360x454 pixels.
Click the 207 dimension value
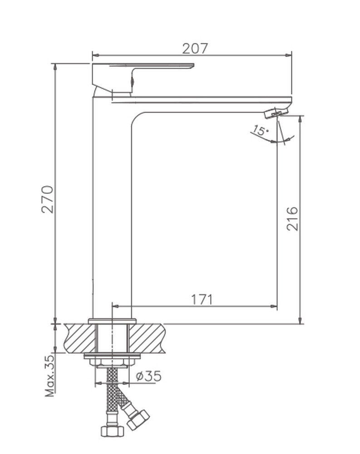(195, 49)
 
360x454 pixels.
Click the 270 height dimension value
(48, 199)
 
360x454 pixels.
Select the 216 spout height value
(292, 219)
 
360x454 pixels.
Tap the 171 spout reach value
(202, 300)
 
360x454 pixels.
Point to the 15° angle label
(260, 130)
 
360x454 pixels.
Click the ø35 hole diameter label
(148, 376)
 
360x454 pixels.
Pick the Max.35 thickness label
(49, 375)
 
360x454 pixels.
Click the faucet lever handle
(143, 78)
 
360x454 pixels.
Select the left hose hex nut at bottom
(112, 431)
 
